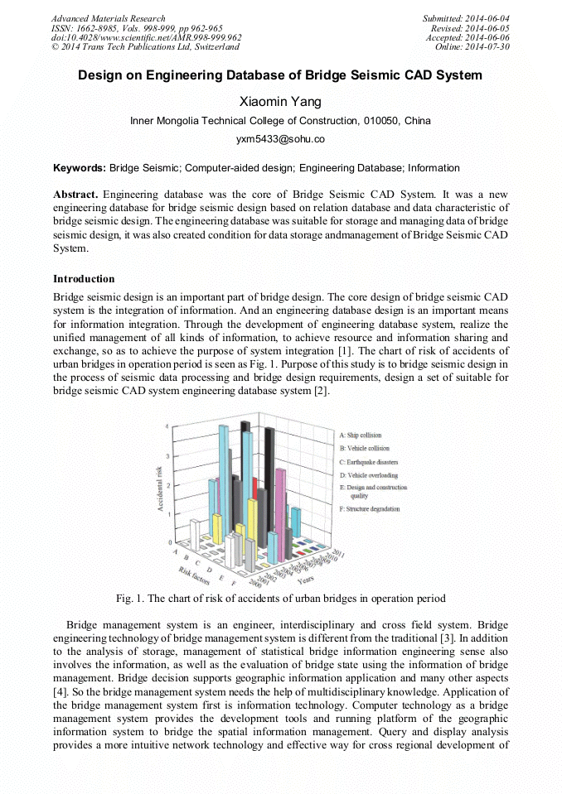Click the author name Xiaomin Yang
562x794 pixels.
(280, 102)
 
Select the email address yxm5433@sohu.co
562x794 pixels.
(280, 139)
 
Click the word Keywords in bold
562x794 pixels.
(79, 168)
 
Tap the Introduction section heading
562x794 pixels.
(84, 279)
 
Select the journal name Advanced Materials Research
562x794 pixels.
(108, 18)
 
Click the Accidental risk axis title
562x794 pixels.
(159, 488)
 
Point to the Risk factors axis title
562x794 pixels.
(196, 574)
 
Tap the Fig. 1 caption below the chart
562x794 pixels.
(280, 599)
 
